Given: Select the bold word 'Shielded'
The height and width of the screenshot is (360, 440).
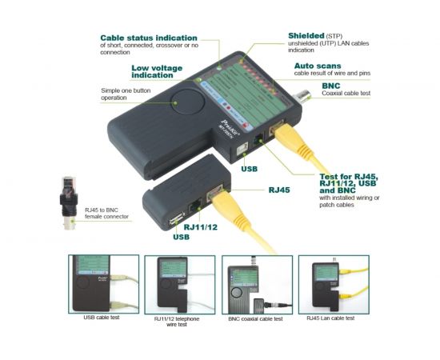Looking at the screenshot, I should point(307,36).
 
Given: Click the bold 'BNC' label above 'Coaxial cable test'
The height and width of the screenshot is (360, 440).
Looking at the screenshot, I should point(331,86).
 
